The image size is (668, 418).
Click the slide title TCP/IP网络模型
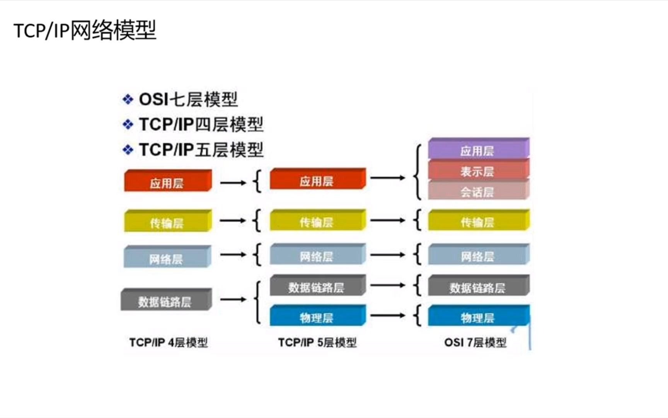[x=85, y=30]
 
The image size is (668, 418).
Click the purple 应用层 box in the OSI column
[x=479, y=149]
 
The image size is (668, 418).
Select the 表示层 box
[x=479, y=170]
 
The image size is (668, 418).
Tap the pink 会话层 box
[x=479, y=190]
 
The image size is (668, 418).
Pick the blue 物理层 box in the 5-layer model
[x=318, y=315]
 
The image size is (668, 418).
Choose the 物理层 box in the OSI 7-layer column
[x=479, y=315]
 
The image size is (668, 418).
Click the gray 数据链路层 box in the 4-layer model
[x=166, y=299]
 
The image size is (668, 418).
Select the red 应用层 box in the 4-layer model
[x=168, y=180]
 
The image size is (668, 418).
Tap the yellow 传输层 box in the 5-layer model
[x=318, y=220]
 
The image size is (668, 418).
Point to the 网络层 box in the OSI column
[x=479, y=254]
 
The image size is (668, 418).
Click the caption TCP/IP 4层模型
[x=169, y=343]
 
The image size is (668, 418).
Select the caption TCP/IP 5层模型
[x=317, y=343]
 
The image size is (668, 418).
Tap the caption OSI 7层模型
[x=475, y=343]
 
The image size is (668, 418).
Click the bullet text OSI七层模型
[x=188, y=99]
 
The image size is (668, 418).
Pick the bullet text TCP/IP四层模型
[x=201, y=125]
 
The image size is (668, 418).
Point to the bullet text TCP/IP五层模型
[x=201, y=150]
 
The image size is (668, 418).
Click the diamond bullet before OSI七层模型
[x=128, y=99]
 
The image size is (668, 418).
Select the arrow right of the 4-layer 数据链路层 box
[x=233, y=299]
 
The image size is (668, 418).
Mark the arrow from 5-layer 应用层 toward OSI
[x=388, y=178]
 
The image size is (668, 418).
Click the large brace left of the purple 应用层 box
[x=417, y=172]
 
